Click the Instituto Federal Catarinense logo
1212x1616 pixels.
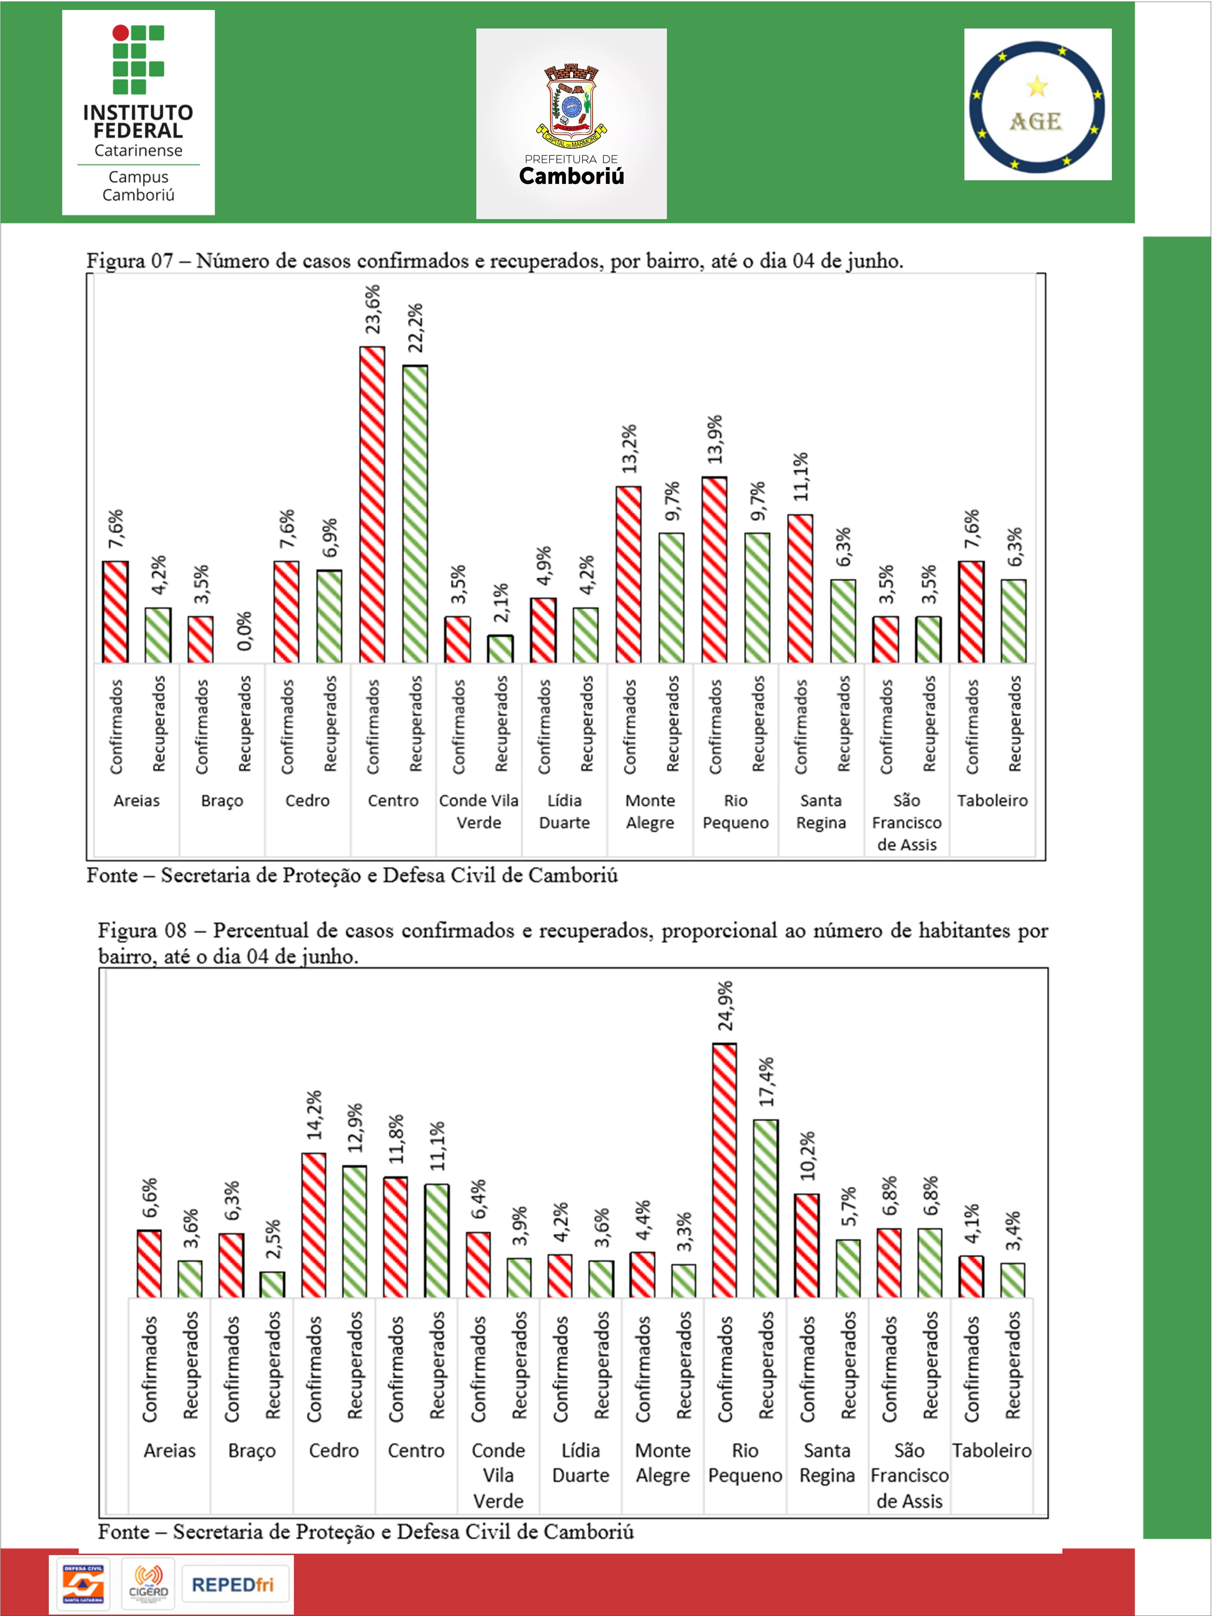point(138,113)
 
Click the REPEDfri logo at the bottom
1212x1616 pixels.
point(233,1584)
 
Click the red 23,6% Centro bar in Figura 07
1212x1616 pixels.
point(372,505)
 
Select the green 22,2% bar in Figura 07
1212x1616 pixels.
point(415,514)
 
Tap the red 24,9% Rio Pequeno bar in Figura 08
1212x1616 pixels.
point(724,1170)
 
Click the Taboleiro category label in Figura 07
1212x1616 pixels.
point(992,801)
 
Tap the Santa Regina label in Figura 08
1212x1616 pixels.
point(827,1462)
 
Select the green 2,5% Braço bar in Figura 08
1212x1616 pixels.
point(273,1285)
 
